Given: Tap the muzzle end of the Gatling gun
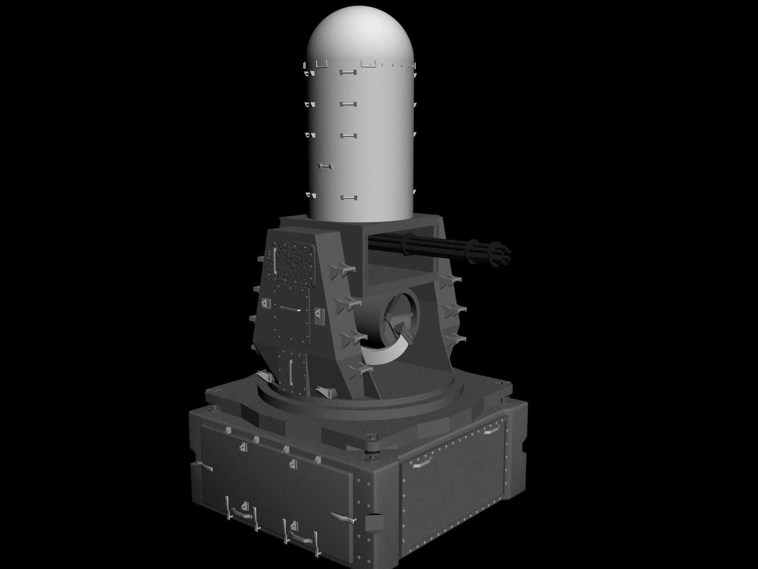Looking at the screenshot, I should pyautogui.click(x=506, y=253).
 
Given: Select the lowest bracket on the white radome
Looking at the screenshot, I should pyautogui.click(x=346, y=198).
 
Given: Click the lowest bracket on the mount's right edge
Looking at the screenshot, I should pyautogui.click(x=451, y=337).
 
